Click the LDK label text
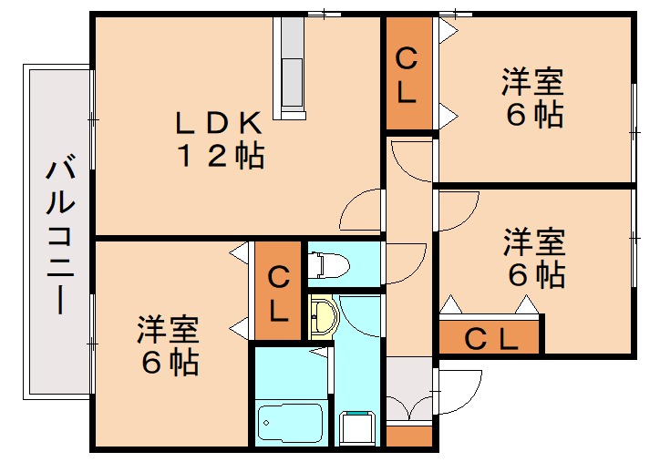221,122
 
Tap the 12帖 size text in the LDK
221,156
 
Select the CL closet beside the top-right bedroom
408,74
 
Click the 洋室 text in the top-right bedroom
531,83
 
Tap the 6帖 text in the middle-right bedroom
534,273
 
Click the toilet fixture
329,264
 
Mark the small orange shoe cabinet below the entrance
407,436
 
